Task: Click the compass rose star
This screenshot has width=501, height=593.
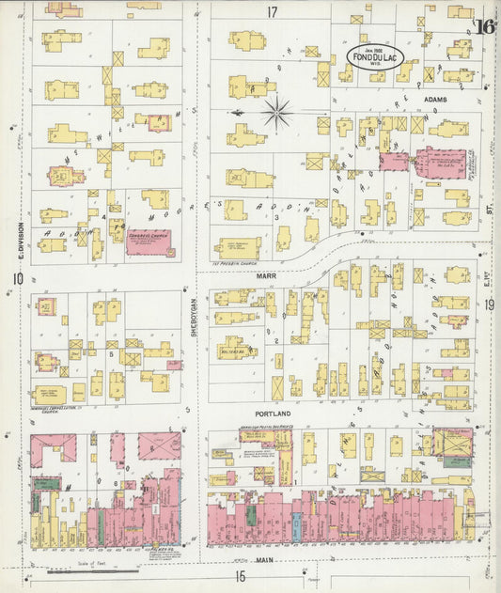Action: click(x=277, y=114)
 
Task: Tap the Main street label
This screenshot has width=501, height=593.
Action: click(x=263, y=561)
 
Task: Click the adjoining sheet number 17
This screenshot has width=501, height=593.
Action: click(x=273, y=12)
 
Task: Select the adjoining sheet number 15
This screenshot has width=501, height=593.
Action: click(x=240, y=576)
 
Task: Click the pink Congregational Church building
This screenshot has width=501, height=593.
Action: click(x=150, y=242)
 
